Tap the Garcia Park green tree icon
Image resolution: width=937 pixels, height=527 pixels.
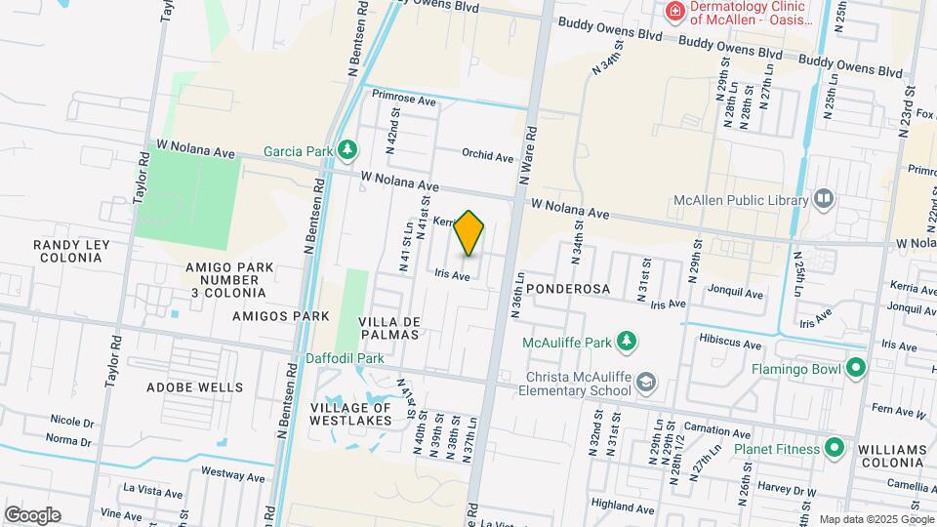[x=347, y=150]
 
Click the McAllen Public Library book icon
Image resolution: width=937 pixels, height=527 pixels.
[x=825, y=200]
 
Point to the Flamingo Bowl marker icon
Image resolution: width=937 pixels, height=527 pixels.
[x=856, y=369]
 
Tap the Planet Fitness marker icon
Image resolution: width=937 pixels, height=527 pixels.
[x=834, y=448]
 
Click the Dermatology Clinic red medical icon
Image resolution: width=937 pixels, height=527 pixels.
[x=673, y=12]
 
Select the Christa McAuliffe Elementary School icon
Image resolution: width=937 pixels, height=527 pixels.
[x=644, y=380]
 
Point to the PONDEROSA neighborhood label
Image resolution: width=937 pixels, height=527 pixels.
[x=567, y=290]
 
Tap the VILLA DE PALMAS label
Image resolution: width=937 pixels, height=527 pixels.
[x=388, y=328]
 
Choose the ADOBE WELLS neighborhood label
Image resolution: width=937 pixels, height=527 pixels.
[x=194, y=386]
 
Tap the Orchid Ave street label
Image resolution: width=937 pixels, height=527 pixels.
[x=487, y=156]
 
